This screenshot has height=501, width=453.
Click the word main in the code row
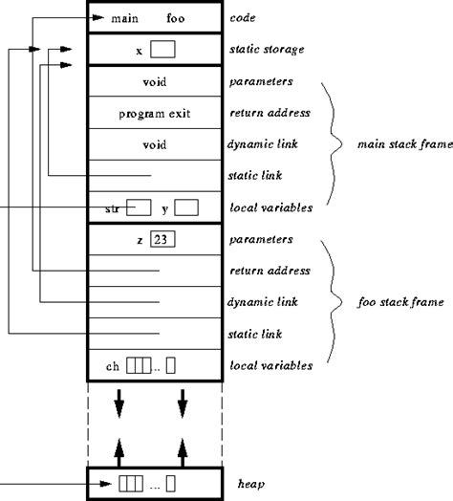124,17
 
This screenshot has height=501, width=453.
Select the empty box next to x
162,49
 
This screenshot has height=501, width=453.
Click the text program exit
155,113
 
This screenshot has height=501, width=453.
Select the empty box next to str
140,207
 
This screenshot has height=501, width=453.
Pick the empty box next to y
186,207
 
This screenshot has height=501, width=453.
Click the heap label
250,485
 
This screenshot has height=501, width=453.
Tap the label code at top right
245,17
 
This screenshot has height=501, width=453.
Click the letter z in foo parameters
140,240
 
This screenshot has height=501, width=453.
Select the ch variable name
113,364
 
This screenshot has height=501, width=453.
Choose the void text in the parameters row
154,82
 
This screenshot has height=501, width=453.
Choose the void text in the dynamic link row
154,144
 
